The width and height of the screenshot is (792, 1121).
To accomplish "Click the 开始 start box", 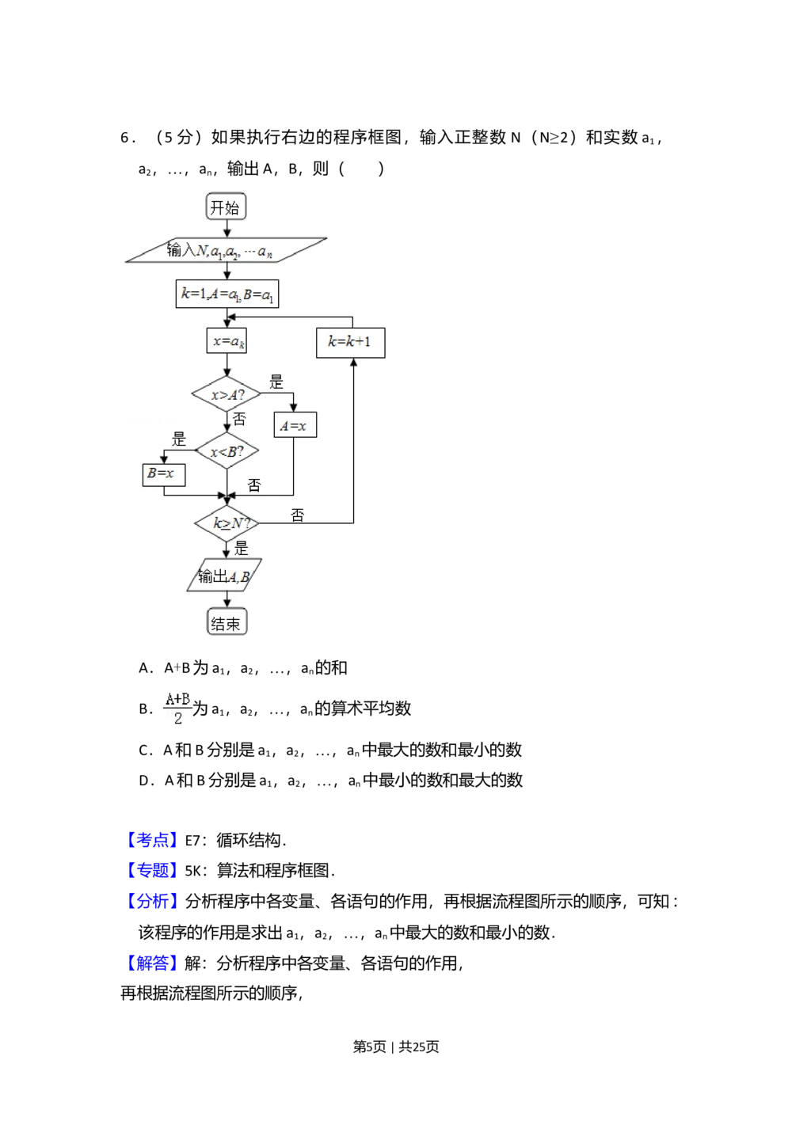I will pyautogui.click(x=226, y=207).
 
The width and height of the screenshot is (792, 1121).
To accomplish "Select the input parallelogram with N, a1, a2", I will pyautogui.click(x=226, y=250).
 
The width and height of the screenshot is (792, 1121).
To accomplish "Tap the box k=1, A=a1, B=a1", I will pyautogui.click(x=227, y=294).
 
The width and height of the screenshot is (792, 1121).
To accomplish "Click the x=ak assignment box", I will pyautogui.click(x=227, y=341).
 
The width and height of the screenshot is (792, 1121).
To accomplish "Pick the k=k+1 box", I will pyautogui.click(x=350, y=342).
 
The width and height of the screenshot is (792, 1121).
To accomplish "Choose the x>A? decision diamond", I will pyautogui.click(x=227, y=394).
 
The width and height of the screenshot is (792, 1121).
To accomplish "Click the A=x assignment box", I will pyautogui.click(x=294, y=426).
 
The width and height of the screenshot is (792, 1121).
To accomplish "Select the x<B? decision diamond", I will pyautogui.click(x=227, y=451).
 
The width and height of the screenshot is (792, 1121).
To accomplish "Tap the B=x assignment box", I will pyautogui.click(x=163, y=474).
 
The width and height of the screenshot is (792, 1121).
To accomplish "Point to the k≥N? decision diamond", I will pyautogui.click(x=227, y=523).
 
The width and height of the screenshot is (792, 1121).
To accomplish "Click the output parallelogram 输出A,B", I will pyautogui.click(x=224, y=576).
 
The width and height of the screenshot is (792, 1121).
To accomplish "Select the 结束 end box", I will pyautogui.click(x=227, y=623).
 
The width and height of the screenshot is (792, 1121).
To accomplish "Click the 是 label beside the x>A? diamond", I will pyautogui.click(x=276, y=382).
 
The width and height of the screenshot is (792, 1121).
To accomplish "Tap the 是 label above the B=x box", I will pyautogui.click(x=179, y=439).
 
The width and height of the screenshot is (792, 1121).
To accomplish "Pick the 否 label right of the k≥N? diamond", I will pyautogui.click(x=297, y=515).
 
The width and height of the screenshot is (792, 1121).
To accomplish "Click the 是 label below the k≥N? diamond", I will pyautogui.click(x=242, y=548).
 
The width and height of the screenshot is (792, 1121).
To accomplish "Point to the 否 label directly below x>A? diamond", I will pyautogui.click(x=239, y=419).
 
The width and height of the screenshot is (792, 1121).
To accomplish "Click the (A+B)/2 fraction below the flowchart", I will pyautogui.click(x=177, y=707).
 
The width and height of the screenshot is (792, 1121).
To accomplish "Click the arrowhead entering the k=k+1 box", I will pyautogui.click(x=353, y=362).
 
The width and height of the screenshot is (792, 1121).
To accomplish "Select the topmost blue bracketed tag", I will pyautogui.click(x=151, y=839).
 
